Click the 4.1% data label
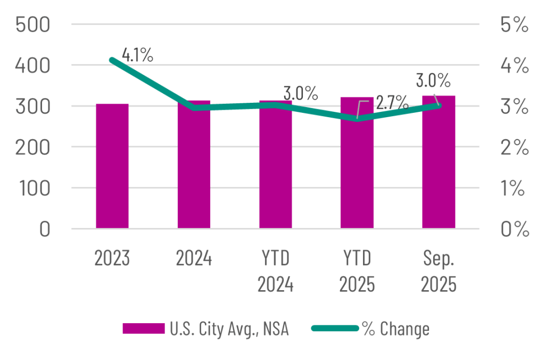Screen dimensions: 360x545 [137, 54]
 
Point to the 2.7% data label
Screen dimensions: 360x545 [392, 102]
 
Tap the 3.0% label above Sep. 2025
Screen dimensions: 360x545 [433, 80]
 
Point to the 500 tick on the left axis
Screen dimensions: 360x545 [33, 25]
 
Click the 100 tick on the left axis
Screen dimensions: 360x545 [33, 188]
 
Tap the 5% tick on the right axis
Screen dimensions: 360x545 [514, 25]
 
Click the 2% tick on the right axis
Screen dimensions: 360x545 [514, 148]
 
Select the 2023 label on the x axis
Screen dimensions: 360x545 [112, 259]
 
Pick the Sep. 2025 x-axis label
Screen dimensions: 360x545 [439, 271]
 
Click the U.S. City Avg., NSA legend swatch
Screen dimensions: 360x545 [143, 329]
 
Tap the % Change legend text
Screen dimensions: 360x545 [395, 329]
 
